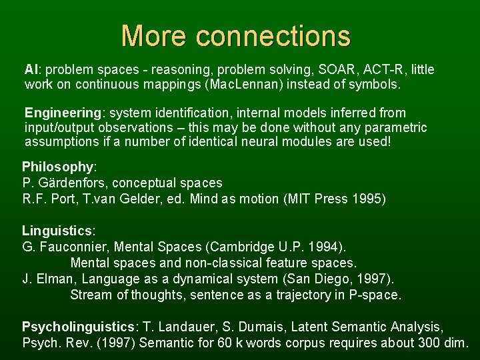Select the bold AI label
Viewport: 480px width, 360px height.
pos(31,69)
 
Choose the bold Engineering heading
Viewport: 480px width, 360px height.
pos(59,113)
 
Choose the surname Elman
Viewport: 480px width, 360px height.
pos(53,279)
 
